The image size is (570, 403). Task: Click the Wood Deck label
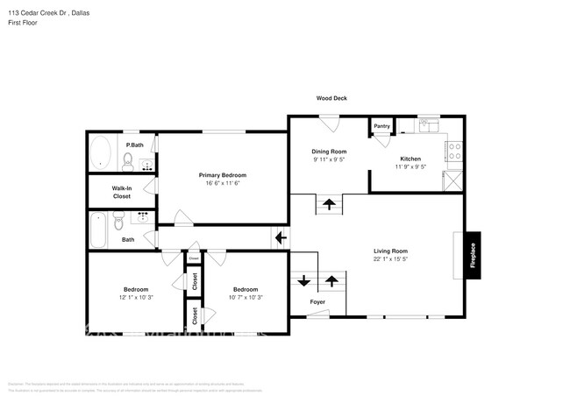(331, 98)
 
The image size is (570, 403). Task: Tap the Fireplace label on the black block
(473, 255)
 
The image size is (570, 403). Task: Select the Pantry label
(381, 126)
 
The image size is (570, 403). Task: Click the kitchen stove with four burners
(454, 152)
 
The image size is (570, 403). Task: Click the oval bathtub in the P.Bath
(102, 152)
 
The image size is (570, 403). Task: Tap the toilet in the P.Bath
(127, 160)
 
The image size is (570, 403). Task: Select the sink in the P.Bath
(146, 162)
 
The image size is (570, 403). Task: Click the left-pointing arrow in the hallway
(281, 237)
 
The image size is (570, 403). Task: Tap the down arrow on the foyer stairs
(303, 281)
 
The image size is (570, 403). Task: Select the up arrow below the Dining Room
(330, 205)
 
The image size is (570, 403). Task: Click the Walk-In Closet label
(121, 192)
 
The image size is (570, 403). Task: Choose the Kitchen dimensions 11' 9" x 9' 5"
(410, 166)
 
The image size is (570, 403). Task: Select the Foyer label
(317, 302)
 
